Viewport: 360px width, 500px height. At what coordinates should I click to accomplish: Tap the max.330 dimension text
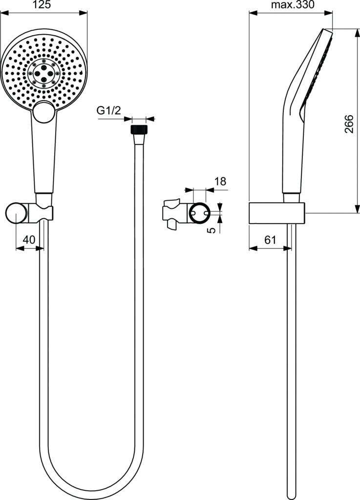(x=292, y=5)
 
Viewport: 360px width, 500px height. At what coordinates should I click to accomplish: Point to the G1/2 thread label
(x=108, y=111)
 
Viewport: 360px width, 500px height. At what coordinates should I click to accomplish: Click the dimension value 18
(x=220, y=182)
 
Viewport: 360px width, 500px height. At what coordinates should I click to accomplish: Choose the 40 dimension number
(x=29, y=240)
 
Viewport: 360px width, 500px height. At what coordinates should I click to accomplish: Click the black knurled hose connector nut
(x=139, y=130)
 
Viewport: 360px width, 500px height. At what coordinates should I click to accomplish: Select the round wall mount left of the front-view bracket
(x=17, y=214)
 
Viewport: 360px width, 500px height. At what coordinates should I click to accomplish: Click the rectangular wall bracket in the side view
(x=277, y=213)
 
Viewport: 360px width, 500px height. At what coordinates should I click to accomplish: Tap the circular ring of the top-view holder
(x=200, y=213)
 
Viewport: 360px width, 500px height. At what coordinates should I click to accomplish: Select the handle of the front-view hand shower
(x=44, y=156)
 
